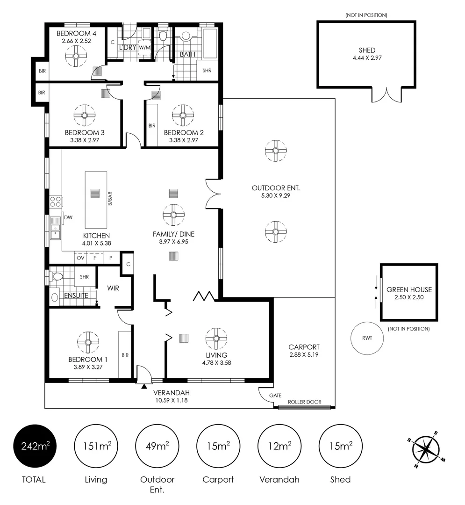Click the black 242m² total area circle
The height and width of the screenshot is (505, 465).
(35, 446)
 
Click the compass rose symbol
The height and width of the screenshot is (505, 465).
(425, 449)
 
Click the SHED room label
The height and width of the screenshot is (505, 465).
(367, 50)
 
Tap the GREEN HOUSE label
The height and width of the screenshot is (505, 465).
(409, 289)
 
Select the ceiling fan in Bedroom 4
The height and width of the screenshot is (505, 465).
(76, 56)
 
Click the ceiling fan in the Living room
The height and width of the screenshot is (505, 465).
(216, 339)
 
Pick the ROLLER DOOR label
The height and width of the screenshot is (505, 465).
(304, 402)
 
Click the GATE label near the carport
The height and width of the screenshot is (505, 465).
(275, 395)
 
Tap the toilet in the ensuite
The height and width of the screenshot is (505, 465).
(57, 276)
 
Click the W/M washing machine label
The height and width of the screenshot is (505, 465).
(145, 48)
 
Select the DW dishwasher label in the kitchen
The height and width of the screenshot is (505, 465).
(68, 217)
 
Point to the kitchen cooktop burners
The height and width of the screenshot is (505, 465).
(55, 202)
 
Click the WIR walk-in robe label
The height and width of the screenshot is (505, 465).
(113, 288)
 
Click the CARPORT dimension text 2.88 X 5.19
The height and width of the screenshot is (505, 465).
(304, 354)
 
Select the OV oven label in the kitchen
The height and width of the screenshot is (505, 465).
(80, 258)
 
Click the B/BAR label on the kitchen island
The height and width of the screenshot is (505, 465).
(110, 199)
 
